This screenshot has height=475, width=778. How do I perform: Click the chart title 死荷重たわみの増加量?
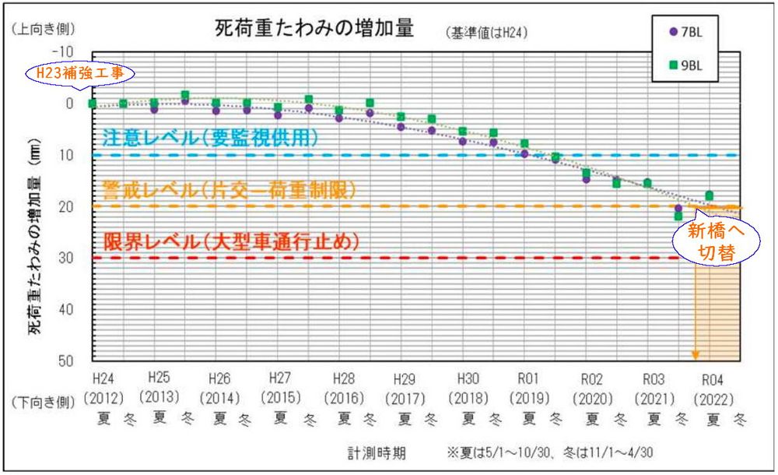coord(314,29)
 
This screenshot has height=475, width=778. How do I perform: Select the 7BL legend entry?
coord(685,32)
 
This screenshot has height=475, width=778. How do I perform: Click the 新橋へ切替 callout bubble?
coord(707,241)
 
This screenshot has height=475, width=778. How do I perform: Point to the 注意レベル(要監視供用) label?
coord(211,138)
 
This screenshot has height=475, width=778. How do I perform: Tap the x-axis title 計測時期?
coord(377,452)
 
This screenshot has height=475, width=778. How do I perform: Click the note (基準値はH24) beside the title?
coord(486,33)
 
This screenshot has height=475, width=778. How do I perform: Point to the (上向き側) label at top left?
coord(43,29)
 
